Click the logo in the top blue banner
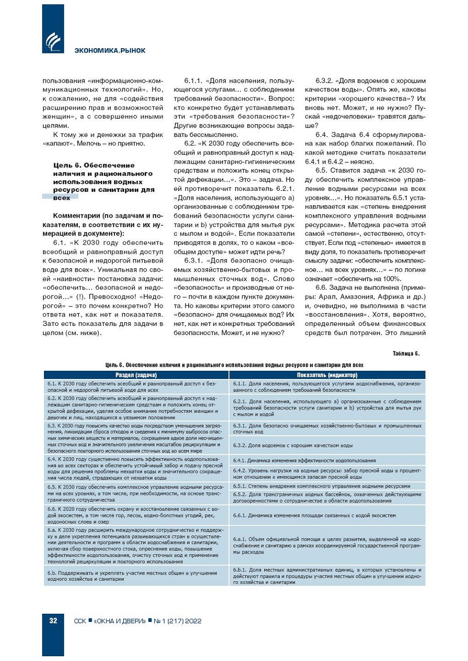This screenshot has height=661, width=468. point(53,42)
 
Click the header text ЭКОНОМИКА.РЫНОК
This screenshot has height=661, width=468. point(110,51)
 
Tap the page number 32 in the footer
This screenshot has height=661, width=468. point(53,621)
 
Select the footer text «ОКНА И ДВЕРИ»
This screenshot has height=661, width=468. point(120,621)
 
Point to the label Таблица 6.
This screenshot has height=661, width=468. point(406,354)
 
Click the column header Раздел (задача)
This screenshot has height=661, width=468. point(136,375)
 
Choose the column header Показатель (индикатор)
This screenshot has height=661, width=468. point(327,375)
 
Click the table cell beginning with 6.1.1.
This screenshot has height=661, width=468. point(327,387)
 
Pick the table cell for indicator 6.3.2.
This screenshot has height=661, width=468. point(327,445)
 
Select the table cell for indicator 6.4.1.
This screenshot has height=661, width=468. point(327,461)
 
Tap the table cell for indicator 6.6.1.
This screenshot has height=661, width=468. point(327,515)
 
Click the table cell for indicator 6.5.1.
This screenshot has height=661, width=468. point(327,486)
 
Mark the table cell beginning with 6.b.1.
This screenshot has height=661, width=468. point(327,576)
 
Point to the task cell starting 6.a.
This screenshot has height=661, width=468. point(136,546)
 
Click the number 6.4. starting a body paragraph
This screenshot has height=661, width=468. point(323,135)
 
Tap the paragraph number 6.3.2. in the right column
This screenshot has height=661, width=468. point(324,81)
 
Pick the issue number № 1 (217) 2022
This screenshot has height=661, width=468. point(178,621)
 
